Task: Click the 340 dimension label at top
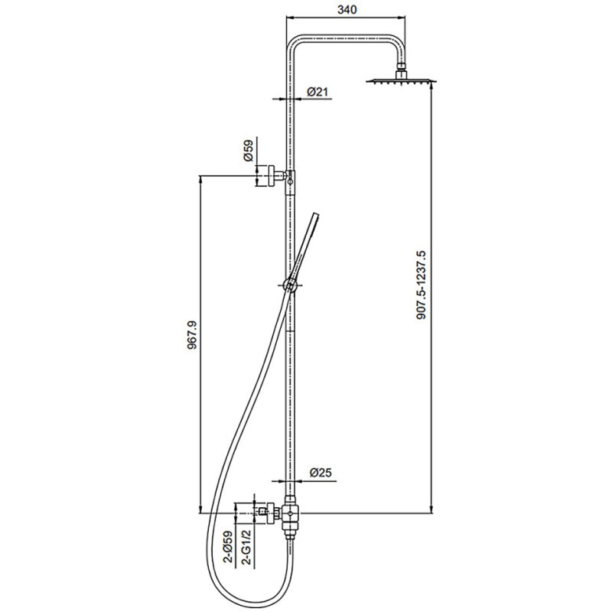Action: (347, 9)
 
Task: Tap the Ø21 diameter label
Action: (317, 92)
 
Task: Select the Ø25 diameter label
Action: (321, 473)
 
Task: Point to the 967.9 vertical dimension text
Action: (193, 335)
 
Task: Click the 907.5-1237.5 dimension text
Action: (422, 285)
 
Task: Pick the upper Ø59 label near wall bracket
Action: (249, 150)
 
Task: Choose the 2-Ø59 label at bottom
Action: (227, 547)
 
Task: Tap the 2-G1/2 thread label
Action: (246, 547)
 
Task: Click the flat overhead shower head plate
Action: (401, 81)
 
